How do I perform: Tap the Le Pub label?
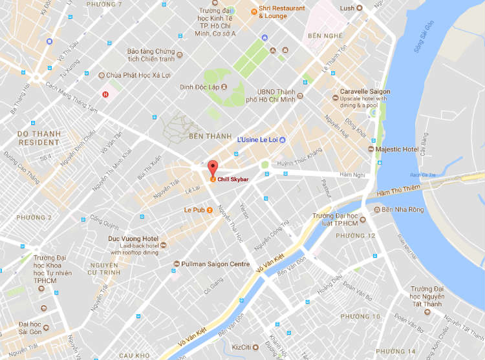click(x=194, y=210)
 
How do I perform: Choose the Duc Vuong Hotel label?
click(x=133, y=238)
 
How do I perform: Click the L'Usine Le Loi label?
click(x=257, y=140)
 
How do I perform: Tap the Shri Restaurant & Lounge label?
click(x=282, y=12)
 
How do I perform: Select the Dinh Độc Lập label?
click(x=199, y=87)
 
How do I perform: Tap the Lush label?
click(x=347, y=8)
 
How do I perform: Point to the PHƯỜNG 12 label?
click(x=353, y=236)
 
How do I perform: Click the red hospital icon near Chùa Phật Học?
click(x=105, y=94)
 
